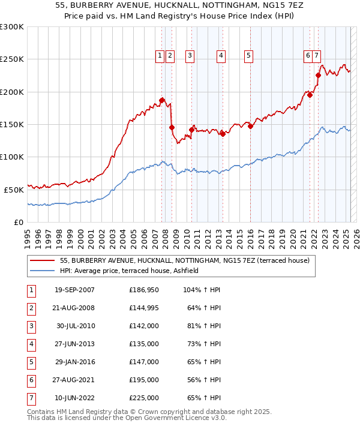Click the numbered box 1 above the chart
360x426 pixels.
pos(160,56)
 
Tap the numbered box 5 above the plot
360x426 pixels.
pos(248,56)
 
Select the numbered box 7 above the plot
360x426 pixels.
pos(316,56)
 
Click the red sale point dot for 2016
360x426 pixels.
pos(250,127)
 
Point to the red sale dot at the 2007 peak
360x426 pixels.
pos(162,100)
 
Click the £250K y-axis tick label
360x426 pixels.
pos(12,59)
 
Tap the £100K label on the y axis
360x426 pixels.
pos(12,157)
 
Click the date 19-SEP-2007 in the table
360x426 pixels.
pos(74,290)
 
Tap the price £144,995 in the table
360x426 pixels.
pos(143,308)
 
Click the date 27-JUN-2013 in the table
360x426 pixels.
pos(74,344)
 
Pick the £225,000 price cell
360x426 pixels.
pos(143,398)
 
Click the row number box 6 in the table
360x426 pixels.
pos(31,380)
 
